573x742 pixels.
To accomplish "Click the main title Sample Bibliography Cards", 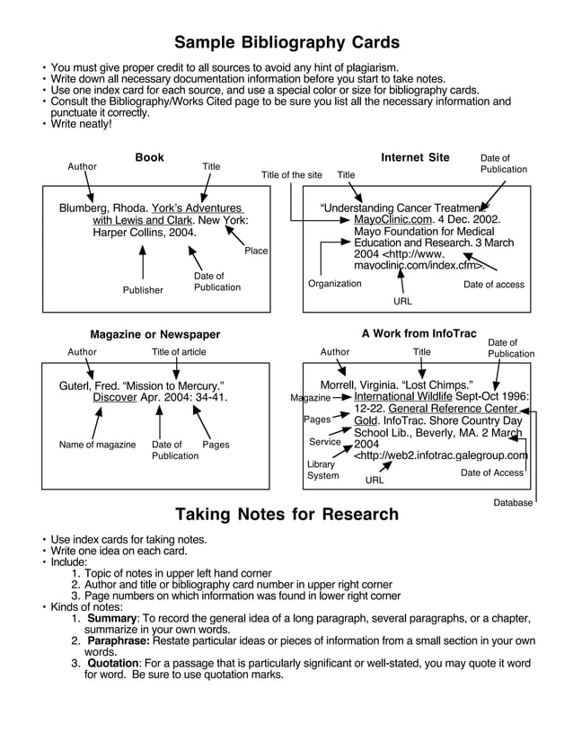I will click(286, 43).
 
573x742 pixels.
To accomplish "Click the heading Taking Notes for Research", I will click(286, 515).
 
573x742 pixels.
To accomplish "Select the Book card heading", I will click(149, 158).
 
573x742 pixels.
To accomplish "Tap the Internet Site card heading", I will click(415, 158).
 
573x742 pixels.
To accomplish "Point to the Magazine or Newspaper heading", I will click(154, 335).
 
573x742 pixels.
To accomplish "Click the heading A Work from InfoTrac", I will click(419, 333).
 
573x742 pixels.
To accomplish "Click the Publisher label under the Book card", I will click(143, 290).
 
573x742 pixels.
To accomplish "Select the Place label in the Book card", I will click(256, 251).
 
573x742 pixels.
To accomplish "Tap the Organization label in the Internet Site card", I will click(334, 284).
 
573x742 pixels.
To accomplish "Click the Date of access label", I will click(494, 285).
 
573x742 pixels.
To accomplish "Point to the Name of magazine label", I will click(97, 445).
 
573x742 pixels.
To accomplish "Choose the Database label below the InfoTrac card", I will click(513, 503).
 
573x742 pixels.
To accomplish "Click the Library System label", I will click(323, 470).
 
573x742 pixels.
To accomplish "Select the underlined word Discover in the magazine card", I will click(115, 397).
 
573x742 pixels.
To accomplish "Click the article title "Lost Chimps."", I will click(438, 385).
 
